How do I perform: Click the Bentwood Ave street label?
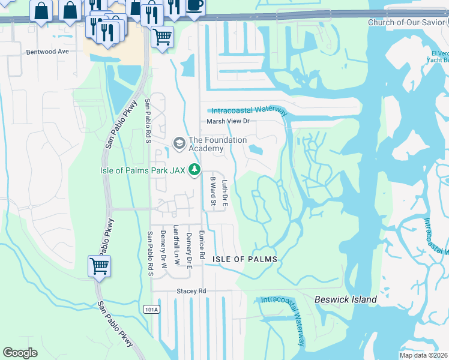[47, 52]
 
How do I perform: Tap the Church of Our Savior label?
[409, 23]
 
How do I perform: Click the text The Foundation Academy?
[217, 144]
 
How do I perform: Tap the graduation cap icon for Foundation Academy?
[179, 143]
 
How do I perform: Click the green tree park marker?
[194, 170]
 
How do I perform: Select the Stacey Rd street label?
[191, 291]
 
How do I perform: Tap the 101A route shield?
[152, 309]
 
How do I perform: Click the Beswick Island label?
[346, 299]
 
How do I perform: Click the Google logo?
[20, 353]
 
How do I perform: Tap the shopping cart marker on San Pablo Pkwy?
[99, 266]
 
